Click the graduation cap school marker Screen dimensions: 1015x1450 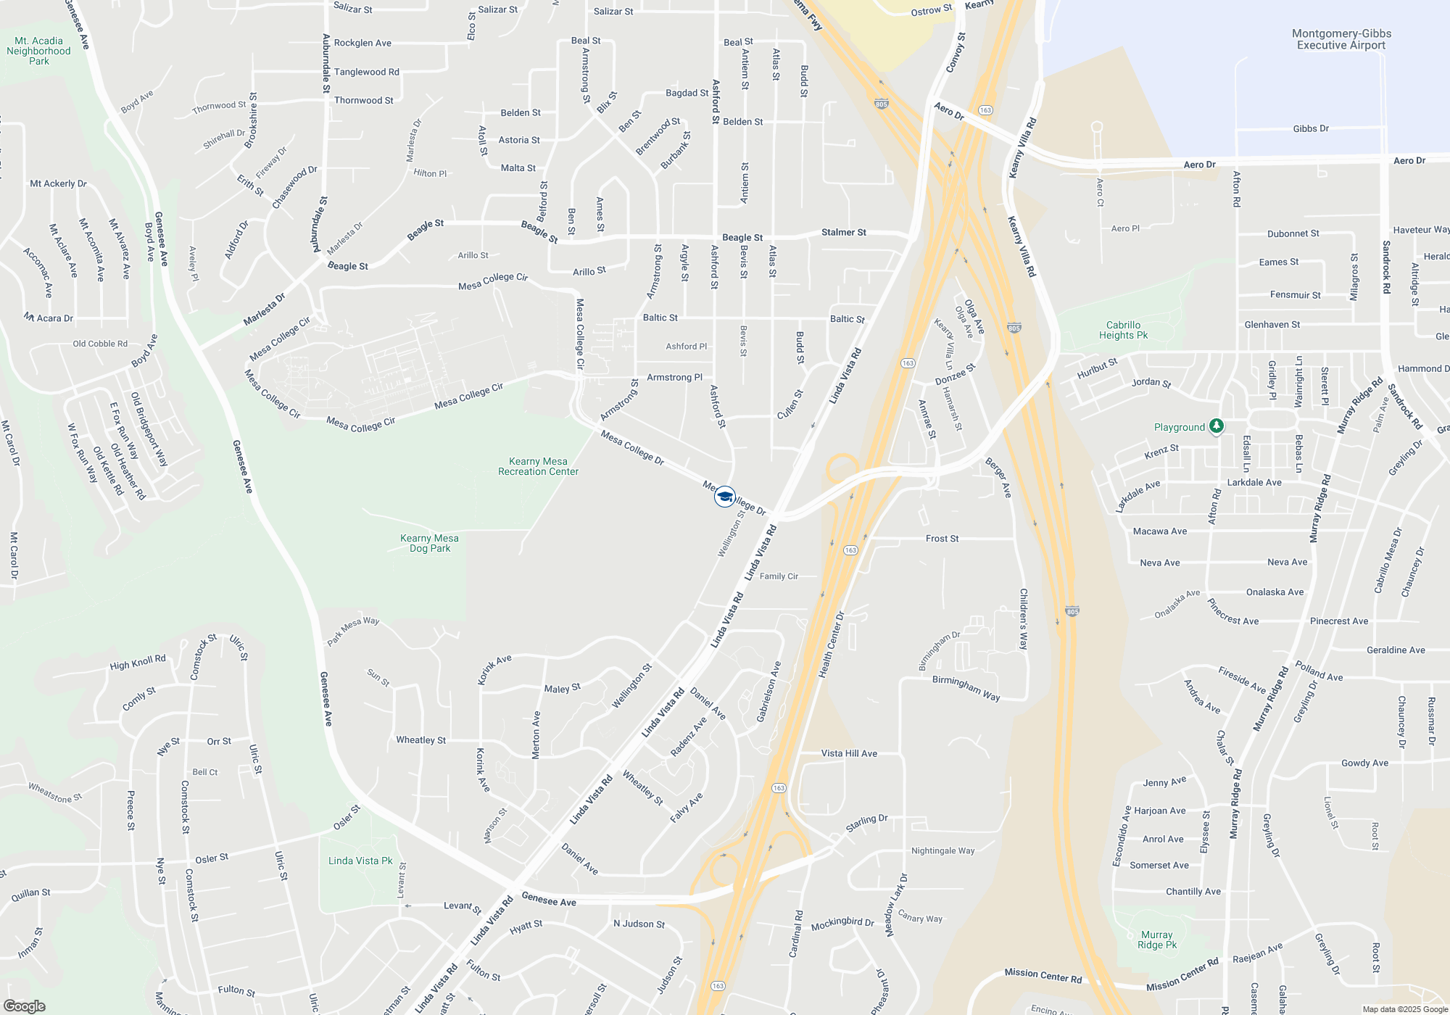point(724,497)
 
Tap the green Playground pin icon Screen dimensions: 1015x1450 point(1217,426)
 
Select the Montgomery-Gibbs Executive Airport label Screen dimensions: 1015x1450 point(1341,39)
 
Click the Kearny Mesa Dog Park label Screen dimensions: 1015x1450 point(429,543)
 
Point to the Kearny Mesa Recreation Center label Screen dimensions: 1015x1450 point(538,466)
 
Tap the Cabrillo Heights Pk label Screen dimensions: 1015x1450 point(1123,330)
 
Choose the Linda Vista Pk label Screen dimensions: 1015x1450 point(360,861)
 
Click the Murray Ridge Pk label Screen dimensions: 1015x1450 point(1156,940)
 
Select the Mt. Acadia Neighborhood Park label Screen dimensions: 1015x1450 point(39,51)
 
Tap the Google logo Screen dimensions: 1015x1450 point(24,1006)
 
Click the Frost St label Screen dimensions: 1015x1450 point(942,539)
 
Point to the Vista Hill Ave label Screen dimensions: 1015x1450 point(849,753)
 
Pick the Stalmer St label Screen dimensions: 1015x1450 point(844,233)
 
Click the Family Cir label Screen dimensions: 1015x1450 point(779,576)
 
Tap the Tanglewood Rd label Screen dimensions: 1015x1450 point(366,72)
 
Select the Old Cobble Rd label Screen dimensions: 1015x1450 point(100,344)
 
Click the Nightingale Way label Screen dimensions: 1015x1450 point(942,850)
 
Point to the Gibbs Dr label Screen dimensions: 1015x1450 point(1311,128)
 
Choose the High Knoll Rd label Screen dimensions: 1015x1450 point(138,663)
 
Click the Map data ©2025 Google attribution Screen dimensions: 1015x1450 point(1405,1009)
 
